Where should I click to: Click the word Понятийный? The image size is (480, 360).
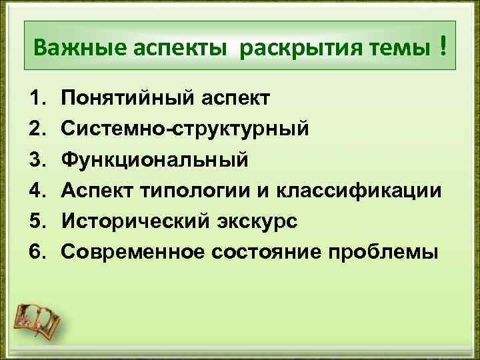(130, 99)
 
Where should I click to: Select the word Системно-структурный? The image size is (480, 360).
(185, 129)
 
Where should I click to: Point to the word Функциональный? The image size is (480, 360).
(155, 160)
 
